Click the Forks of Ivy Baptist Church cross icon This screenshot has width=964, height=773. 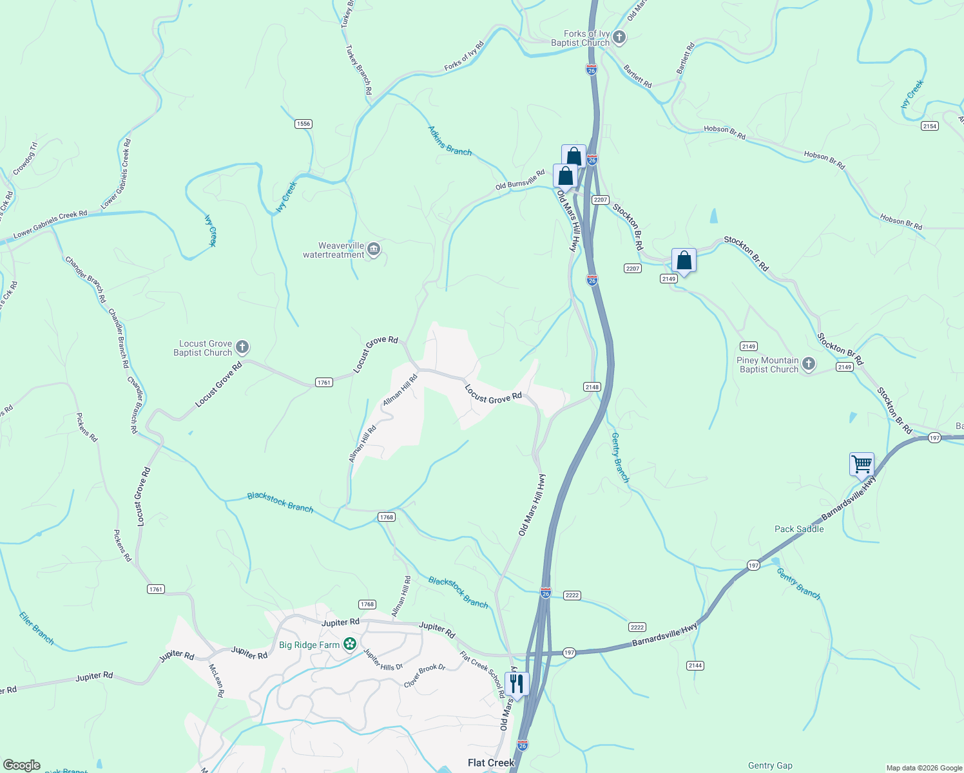click(x=619, y=37)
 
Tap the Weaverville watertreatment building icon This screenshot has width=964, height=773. click(x=374, y=249)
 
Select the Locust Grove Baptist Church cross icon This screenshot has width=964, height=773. click(x=242, y=348)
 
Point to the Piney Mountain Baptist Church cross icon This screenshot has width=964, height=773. click(x=808, y=365)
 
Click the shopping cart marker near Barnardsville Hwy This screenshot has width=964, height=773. click(x=862, y=464)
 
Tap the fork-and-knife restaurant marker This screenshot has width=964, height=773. click(x=516, y=683)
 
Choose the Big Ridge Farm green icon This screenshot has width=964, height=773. click(x=350, y=644)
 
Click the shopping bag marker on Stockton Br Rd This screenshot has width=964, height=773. click(x=684, y=261)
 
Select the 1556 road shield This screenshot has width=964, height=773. click(x=303, y=124)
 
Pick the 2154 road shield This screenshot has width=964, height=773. click(x=929, y=126)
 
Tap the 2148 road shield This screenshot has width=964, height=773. click(x=592, y=387)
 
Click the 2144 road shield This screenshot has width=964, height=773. click(x=695, y=665)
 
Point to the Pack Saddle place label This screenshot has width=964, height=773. click(x=799, y=530)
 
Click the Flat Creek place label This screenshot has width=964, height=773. click(x=491, y=763)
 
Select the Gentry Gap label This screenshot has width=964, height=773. click(x=770, y=765)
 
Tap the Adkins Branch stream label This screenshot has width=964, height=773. click(x=450, y=141)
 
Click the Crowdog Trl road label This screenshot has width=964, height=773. click(x=25, y=158)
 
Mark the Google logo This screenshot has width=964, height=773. click(x=21, y=765)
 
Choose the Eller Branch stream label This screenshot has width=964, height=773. click(x=37, y=628)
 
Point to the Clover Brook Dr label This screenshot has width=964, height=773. click(x=425, y=676)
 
